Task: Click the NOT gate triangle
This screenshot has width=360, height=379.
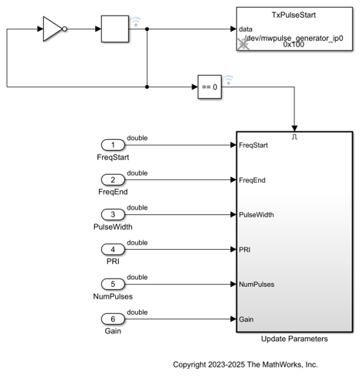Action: click(x=53, y=29)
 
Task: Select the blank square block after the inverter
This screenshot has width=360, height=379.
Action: click(x=115, y=29)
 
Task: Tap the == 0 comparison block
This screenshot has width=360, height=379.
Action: click(x=209, y=87)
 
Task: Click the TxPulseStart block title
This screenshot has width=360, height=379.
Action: click(x=294, y=15)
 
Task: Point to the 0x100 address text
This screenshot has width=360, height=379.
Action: click(x=294, y=45)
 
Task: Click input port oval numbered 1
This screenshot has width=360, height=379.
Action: click(x=113, y=145)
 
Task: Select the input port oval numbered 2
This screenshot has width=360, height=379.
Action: click(x=113, y=179)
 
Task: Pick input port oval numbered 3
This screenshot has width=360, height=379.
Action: click(x=113, y=214)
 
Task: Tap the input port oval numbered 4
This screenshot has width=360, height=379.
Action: click(x=113, y=249)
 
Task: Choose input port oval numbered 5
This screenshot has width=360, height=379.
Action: click(x=113, y=284)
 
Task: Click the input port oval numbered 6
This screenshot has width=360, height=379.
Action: click(x=113, y=319)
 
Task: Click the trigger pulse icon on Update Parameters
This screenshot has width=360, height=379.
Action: click(x=294, y=137)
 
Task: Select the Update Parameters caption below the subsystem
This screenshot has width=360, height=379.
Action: click(x=294, y=339)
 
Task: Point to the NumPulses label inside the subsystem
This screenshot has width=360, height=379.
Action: click(x=256, y=285)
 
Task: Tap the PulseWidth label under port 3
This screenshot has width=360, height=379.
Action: click(x=113, y=227)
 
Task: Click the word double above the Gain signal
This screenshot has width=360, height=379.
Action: click(x=138, y=312)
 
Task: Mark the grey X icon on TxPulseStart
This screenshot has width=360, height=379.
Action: click(x=243, y=45)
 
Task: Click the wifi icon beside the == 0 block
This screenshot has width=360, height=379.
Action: click(x=229, y=80)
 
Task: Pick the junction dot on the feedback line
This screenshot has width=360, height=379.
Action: click(x=147, y=87)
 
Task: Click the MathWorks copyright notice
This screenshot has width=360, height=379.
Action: click(x=245, y=364)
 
